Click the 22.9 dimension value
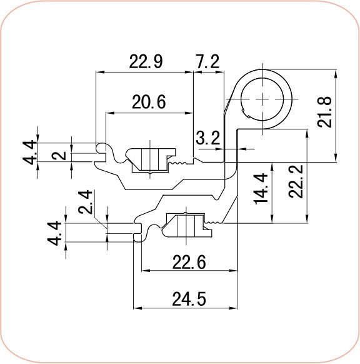[x=146, y=61]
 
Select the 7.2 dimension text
[x=207, y=61]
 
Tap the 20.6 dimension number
[x=148, y=102]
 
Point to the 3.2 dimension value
[x=206, y=138]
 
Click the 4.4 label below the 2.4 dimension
[x=56, y=231]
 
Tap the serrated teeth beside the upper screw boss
[x=181, y=164]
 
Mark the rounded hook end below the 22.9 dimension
[x=100, y=148]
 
